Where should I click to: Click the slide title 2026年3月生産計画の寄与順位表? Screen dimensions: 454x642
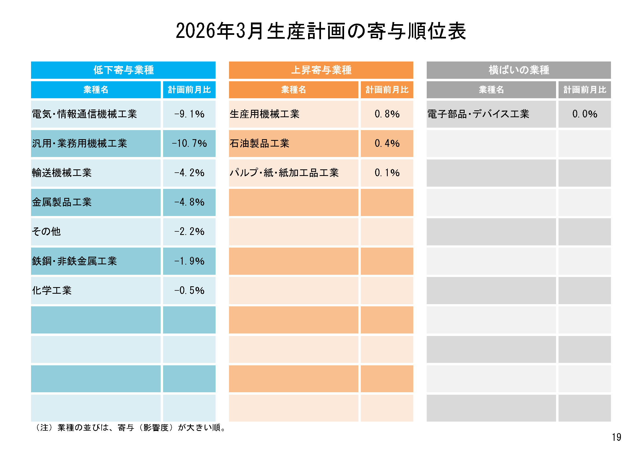[x=321, y=31]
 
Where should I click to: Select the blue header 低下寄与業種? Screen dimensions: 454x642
[x=123, y=70]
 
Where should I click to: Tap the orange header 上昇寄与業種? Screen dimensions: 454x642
[x=321, y=70]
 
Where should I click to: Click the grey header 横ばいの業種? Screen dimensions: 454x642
[x=519, y=70]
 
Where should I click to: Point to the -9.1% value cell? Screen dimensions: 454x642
[x=189, y=114]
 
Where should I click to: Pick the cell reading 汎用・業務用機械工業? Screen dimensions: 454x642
[x=80, y=143]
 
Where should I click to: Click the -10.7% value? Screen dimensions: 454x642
[x=189, y=143]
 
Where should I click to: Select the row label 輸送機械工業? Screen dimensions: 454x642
[x=62, y=173]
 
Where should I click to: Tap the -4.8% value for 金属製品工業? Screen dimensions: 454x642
[x=189, y=202]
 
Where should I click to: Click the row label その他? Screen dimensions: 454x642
[x=46, y=231]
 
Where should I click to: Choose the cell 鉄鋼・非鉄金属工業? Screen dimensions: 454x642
[x=74, y=261]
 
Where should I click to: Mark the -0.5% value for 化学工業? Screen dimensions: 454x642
[x=189, y=290]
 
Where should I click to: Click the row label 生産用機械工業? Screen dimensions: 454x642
[x=264, y=114]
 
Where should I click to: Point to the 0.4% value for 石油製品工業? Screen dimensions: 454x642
[x=387, y=143]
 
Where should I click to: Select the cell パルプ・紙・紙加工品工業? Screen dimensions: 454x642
[x=284, y=173]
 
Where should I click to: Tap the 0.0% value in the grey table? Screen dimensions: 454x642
[x=585, y=114]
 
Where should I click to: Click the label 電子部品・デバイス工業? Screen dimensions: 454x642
[x=478, y=114]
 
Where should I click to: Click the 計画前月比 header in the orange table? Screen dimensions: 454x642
[x=387, y=90]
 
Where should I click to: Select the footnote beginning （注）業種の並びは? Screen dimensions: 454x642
[x=130, y=428]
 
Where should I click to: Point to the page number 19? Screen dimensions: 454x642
[x=616, y=437]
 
